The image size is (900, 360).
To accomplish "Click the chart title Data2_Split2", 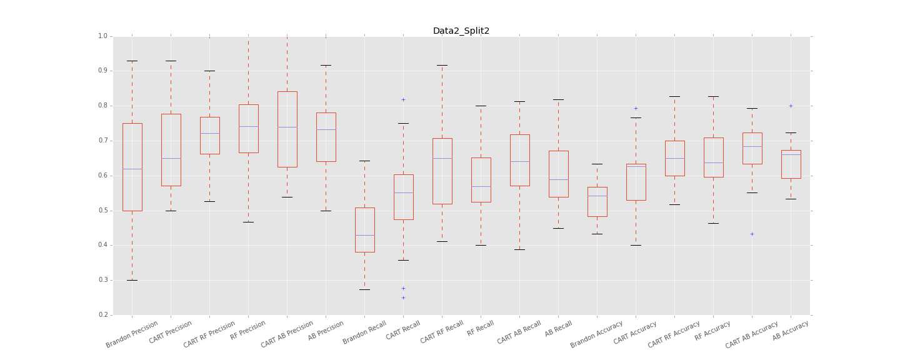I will coord(461,31).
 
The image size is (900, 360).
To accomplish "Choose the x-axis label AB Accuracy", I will coord(791,330).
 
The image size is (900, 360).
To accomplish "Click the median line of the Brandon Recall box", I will coord(364,235).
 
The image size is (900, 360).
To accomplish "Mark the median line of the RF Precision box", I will coord(248,126).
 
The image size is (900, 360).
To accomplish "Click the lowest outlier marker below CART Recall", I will coord(403,297).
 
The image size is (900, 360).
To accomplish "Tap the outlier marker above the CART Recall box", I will coord(403,99).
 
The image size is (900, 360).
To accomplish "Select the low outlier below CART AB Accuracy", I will coord(752,234).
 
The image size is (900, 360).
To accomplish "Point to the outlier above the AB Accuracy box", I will coord(791,106).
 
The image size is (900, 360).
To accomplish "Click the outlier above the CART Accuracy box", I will coord(636,108).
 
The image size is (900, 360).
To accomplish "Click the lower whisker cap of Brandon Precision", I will coord(132,280).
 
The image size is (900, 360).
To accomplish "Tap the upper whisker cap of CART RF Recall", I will coord(442,65).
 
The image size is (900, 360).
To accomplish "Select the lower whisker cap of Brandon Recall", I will coord(364,289).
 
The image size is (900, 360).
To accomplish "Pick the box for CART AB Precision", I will coord(287,129).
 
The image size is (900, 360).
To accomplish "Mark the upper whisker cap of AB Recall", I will coord(558,99).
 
